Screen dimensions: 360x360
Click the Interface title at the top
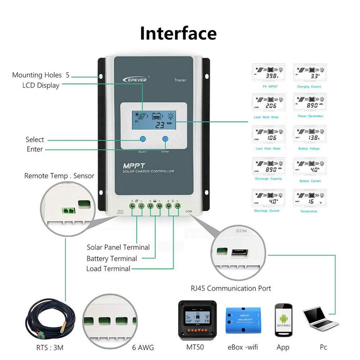(178, 33)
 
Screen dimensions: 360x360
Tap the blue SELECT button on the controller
(143, 139)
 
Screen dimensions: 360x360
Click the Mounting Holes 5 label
(41, 75)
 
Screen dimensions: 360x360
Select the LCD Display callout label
(41, 85)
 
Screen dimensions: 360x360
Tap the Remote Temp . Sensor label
(59, 176)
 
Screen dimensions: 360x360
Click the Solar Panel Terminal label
(118, 247)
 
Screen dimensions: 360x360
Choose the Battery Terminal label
(112, 258)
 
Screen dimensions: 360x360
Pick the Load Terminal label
(108, 269)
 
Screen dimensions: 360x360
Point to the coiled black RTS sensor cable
(45, 319)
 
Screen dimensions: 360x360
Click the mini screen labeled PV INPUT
(268, 74)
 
